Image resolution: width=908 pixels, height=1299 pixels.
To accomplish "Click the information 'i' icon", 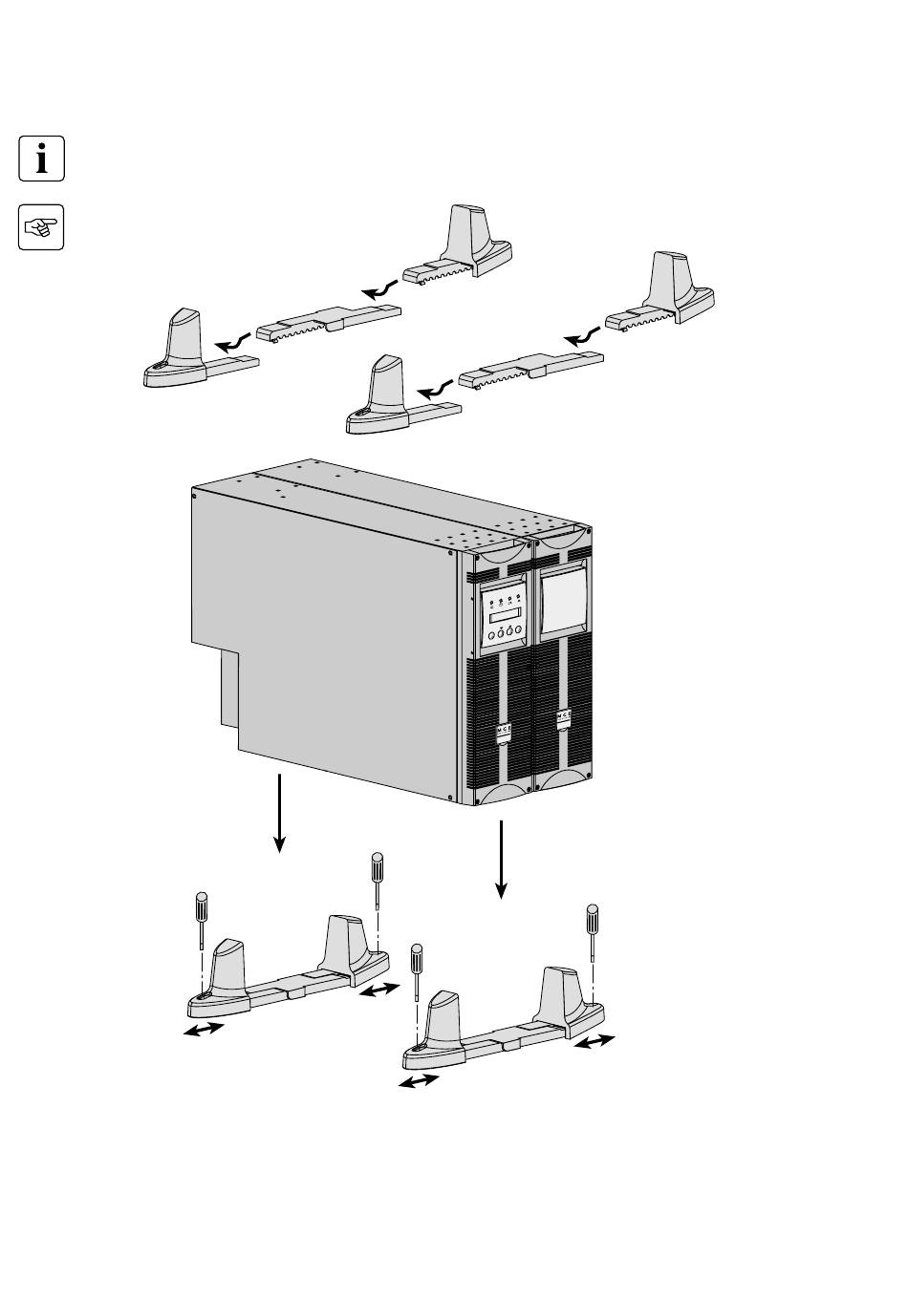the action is (41, 158).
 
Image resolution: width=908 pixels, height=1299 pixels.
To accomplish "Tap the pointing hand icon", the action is (41, 226).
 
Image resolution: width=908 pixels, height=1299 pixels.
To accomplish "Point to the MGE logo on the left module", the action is (502, 732).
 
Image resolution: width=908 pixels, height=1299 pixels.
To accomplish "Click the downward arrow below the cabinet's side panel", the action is (279, 812).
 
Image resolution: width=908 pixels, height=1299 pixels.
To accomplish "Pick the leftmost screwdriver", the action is (202, 918).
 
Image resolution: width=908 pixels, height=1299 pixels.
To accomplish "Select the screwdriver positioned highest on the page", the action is (378, 879).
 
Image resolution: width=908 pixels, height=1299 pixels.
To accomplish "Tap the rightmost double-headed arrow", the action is (595, 1043).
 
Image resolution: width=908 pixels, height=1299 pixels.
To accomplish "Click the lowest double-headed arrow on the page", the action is (419, 1081).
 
